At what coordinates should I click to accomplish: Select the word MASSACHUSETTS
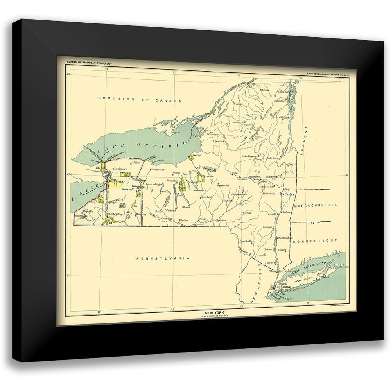click(315, 205)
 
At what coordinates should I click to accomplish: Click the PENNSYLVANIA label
click(163, 258)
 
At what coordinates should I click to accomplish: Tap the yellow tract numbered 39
click(116, 185)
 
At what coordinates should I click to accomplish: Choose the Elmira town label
click(183, 221)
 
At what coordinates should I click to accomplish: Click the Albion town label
click(136, 162)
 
